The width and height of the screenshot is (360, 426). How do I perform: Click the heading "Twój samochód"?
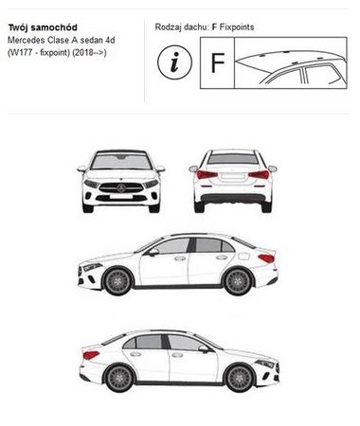click(x=43, y=27)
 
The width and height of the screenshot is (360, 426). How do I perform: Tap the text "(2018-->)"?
click(x=89, y=52)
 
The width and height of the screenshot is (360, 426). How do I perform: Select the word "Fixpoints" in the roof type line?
click(x=237, y=27)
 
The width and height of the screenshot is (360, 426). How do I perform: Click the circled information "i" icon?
click(x=174, y=62)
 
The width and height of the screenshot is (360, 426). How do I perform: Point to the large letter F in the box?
click(x=217, y=62)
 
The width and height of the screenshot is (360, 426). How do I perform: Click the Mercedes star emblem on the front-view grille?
click(x=121, y=188)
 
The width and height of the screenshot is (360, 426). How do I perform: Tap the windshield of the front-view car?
click(x=121, y=162)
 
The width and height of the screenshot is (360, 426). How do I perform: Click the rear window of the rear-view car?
click(x=233, y=159)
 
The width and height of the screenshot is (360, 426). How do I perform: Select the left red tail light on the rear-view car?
click(x=207, y=174)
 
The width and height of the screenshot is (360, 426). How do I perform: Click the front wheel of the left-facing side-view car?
click(x=117, y=281)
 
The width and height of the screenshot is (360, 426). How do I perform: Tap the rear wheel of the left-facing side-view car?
click(x=238, y=281)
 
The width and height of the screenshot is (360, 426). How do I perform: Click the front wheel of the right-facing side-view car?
click(x=240, y=378)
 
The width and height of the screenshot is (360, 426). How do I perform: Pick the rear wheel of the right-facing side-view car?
click(x=120, y=378)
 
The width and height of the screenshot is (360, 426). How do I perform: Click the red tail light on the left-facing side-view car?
click(x=266, y=258)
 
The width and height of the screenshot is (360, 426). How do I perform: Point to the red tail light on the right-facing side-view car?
click(x=91, y=355)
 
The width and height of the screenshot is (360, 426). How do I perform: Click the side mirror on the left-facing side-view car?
click(x=153, y=252)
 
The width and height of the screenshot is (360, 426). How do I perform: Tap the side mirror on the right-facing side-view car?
click(x=204, y=348)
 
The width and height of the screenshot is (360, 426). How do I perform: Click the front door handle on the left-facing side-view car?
click(x=180, y=258)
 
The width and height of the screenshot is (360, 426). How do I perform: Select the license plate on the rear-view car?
click(x=233, y=176)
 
